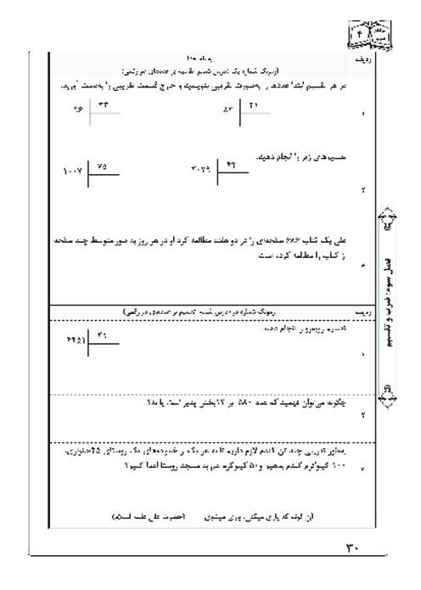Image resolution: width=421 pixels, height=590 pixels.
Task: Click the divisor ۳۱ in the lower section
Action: (x=104, y=336)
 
